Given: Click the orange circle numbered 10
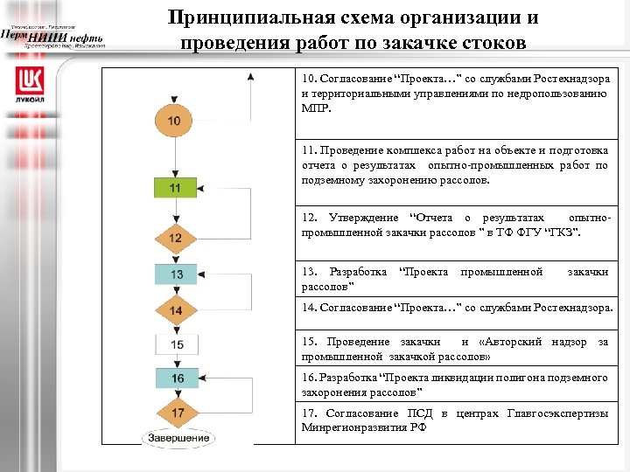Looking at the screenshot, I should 176,120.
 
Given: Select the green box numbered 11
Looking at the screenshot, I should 176,187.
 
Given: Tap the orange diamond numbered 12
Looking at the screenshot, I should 176,237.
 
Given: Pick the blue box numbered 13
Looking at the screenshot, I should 176,274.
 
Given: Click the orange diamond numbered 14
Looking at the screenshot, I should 176,310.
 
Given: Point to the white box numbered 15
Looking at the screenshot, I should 176,344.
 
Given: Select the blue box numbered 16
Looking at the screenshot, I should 176,378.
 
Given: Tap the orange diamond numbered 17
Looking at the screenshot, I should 176,411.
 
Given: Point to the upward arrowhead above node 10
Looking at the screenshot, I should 251,78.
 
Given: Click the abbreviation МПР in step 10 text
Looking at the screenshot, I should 315,106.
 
